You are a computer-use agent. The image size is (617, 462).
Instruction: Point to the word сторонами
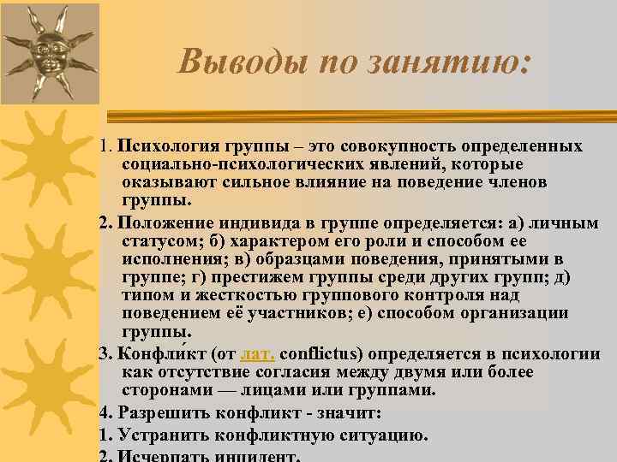159,390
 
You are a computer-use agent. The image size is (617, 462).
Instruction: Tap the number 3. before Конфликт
105,353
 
